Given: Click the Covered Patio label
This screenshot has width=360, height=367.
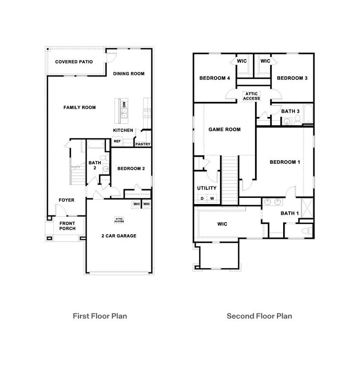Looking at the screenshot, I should (74, 62).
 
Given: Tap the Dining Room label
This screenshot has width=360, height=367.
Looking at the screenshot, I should (128, 74).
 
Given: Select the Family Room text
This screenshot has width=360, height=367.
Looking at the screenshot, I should (80, 108).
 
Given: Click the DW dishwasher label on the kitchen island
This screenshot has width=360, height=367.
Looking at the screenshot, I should (124, 104).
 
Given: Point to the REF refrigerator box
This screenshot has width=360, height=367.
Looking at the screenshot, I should (117, 141).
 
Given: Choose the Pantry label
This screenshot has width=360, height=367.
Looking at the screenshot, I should (143, 144).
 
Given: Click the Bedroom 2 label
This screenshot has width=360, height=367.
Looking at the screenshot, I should (131, 169).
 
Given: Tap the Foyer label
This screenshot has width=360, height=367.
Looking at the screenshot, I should (66, 200).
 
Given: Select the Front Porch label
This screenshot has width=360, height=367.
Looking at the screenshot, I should (67, 226).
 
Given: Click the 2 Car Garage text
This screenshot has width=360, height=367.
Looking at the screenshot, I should (119, 236).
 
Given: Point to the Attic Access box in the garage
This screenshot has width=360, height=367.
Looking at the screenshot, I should (119, 220).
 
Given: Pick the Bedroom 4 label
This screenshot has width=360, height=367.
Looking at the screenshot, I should (214, 78).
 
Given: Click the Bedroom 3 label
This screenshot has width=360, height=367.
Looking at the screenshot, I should (292, 78).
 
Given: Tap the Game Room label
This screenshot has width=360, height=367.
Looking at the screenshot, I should (224, 130).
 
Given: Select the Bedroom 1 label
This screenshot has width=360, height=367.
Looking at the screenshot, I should (285, 162).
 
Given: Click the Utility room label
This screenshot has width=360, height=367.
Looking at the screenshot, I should (207, 188).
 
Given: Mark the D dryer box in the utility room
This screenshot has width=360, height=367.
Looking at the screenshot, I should (202, 198).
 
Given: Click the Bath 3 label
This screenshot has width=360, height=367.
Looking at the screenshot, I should (290, 111).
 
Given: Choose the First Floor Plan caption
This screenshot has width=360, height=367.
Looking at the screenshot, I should (100, 316).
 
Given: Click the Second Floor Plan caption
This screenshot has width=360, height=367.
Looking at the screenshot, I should (259, 316).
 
